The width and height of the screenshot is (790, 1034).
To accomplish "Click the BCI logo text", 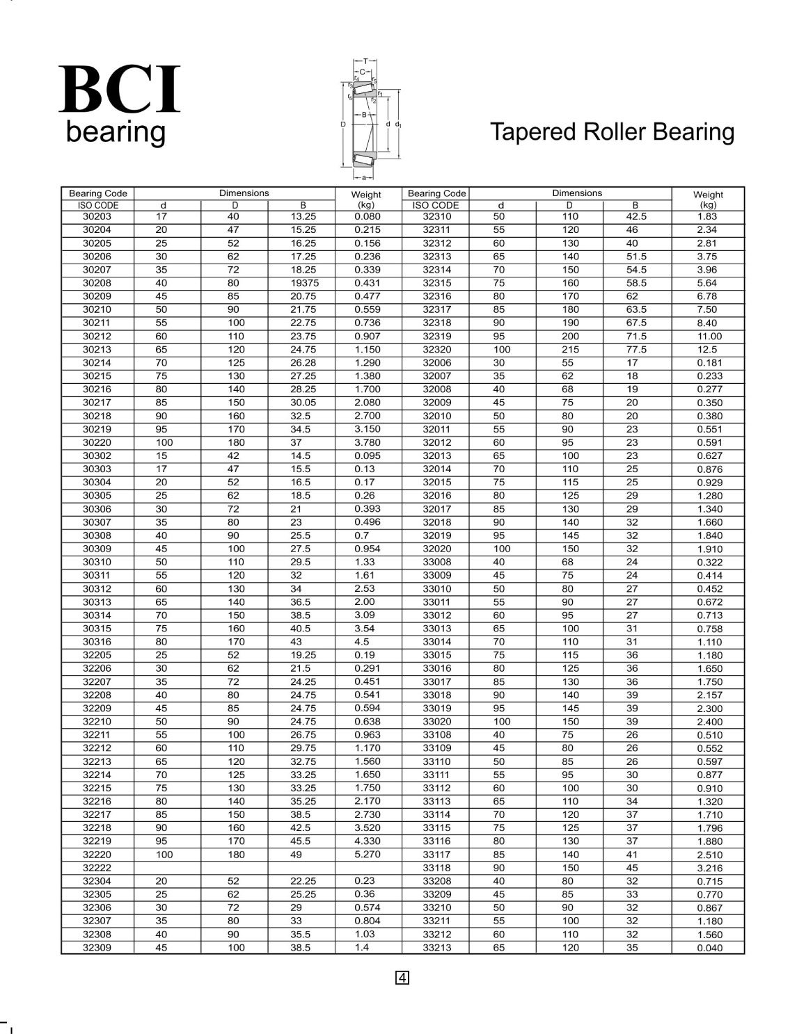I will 120,90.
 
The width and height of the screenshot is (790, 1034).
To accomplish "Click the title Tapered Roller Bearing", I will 612,132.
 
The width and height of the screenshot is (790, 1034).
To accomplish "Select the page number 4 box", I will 402,978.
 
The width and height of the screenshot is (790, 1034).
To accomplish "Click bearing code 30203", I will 97,216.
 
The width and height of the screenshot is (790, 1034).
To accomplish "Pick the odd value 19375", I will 304,283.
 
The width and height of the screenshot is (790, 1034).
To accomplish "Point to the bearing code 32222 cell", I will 97,868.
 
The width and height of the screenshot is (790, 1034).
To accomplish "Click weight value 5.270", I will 367,855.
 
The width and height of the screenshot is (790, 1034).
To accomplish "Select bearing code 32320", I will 436,350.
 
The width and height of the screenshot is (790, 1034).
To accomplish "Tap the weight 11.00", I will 709,337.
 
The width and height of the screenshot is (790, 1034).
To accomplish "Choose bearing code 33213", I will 436,948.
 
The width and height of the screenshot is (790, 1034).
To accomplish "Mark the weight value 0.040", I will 709,948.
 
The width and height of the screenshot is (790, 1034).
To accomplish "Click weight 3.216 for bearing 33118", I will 709,869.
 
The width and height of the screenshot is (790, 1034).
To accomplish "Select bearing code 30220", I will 97,442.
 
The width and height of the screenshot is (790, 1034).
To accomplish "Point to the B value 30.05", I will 303,403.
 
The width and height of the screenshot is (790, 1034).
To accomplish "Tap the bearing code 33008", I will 436,562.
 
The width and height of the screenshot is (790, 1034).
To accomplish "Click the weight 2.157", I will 709,695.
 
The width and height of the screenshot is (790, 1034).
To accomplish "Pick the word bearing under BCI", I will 116,132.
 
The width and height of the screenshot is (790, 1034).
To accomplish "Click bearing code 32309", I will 97,948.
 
